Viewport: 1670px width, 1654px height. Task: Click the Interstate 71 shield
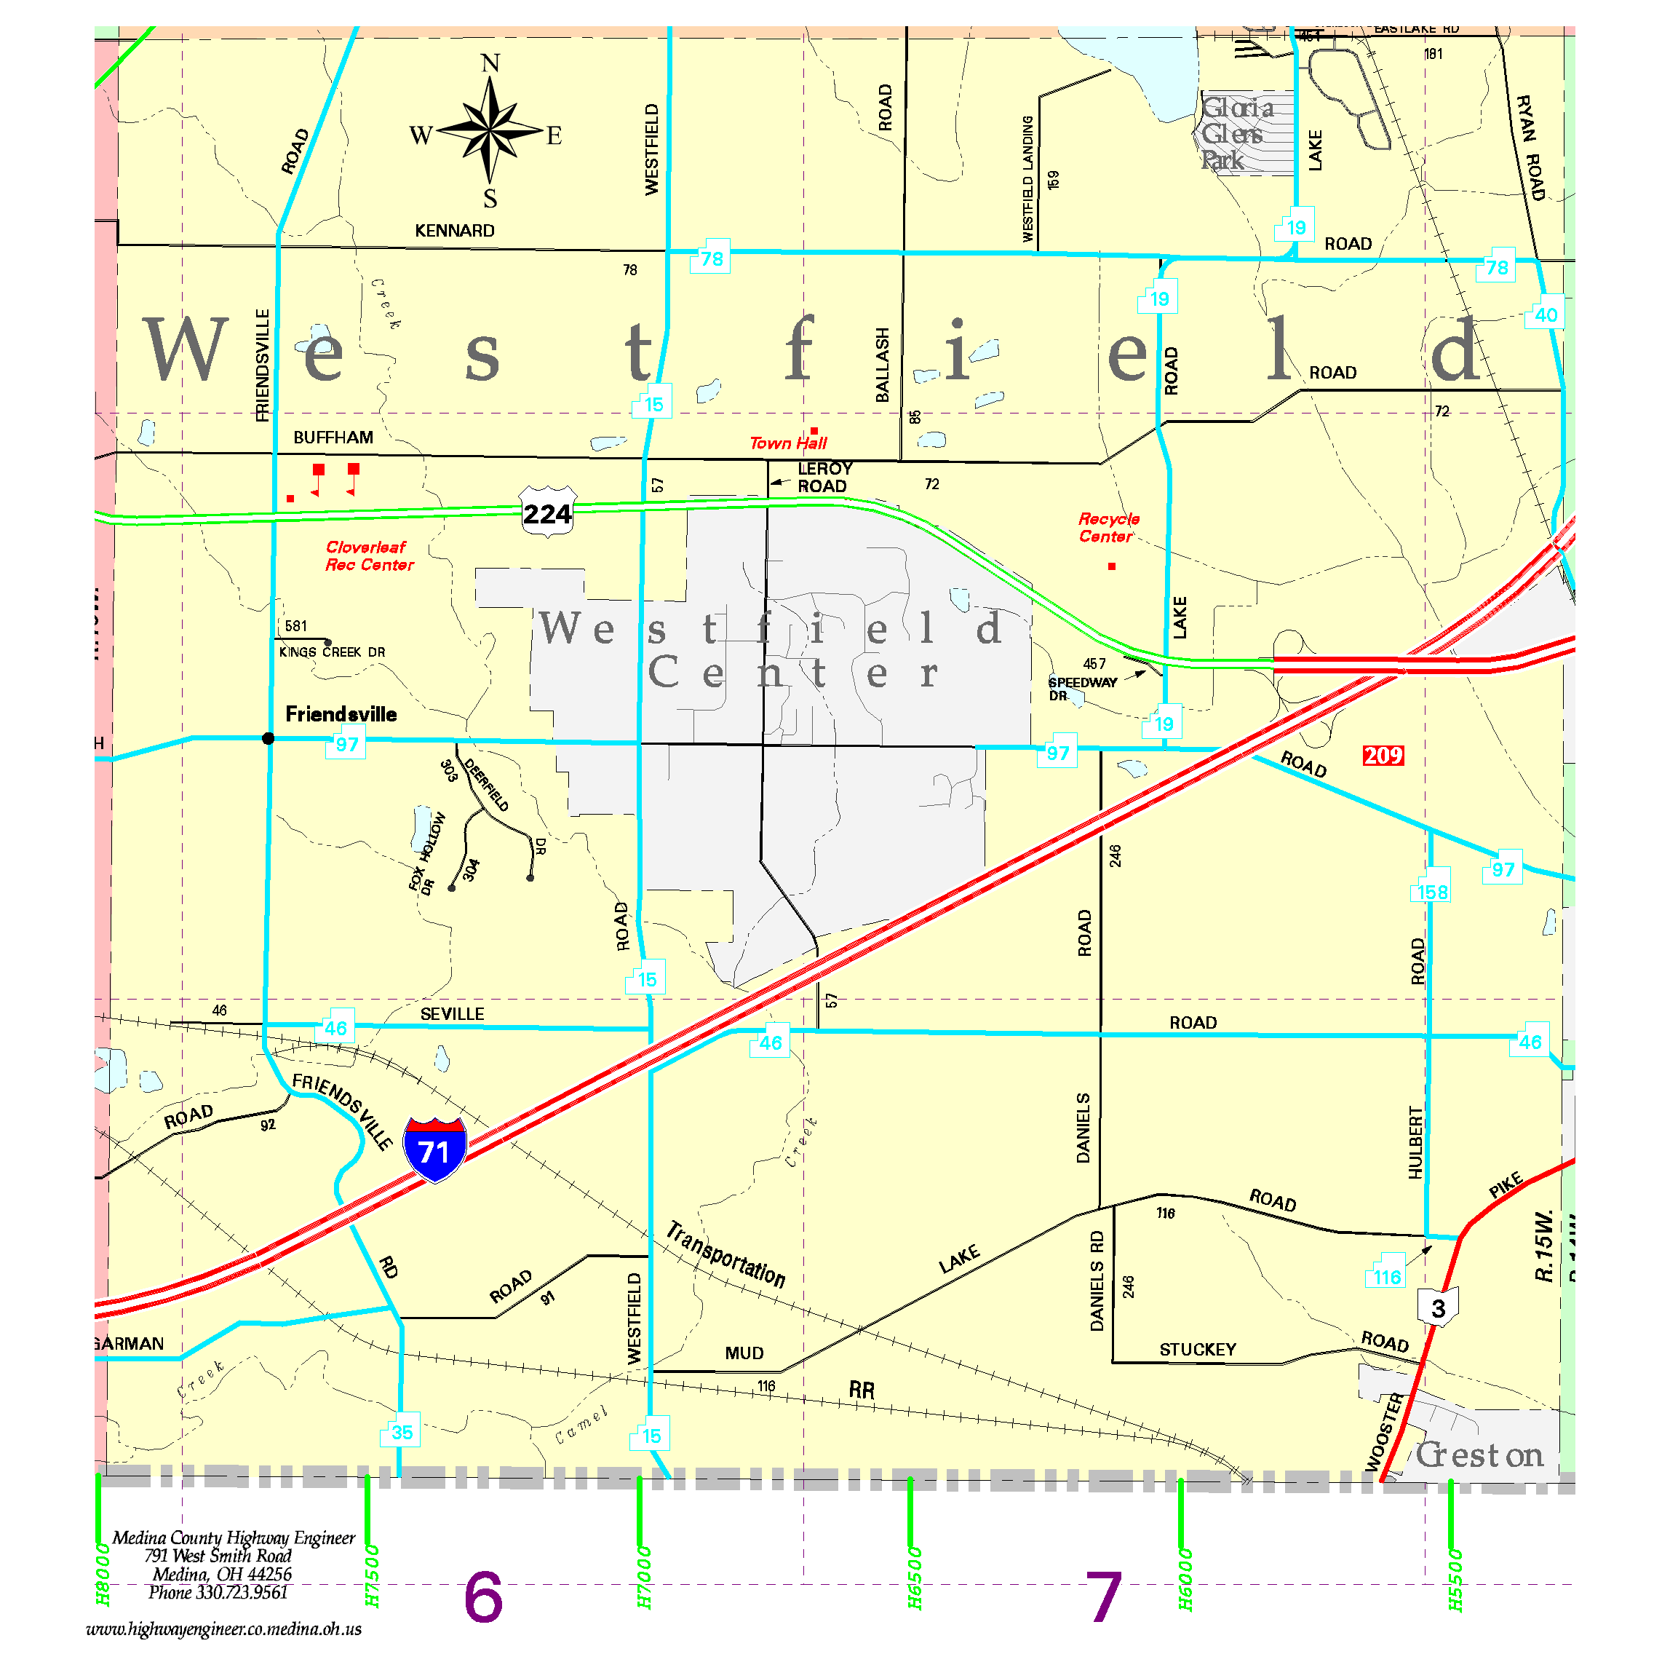(x=435, y=1149)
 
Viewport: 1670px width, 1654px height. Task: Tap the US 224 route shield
(x=547, y=513)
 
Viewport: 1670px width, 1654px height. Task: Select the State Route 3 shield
(x=1437, y=1307)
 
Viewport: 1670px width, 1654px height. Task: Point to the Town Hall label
(x=787, y=443)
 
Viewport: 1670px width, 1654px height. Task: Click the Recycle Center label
(x=1108, y=527)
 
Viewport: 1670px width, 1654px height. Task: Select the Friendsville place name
(x=341, y=714)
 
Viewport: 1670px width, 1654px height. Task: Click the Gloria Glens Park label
(x=1236, y=133)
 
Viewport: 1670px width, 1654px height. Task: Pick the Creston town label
(x=1479, y=1455)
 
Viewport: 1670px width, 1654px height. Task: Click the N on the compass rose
(x=490, y=63)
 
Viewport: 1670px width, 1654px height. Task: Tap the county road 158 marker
(x=1431, y=891)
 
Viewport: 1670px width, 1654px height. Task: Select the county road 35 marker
(x=401, y=1432)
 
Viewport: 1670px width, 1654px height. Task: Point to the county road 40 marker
(x=1546, y=314)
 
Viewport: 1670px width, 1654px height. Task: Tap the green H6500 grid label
(x=915, y=1577)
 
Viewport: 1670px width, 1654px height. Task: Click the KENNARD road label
(x=455, y=231)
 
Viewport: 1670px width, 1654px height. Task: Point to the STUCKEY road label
(x=1197, y=1350)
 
